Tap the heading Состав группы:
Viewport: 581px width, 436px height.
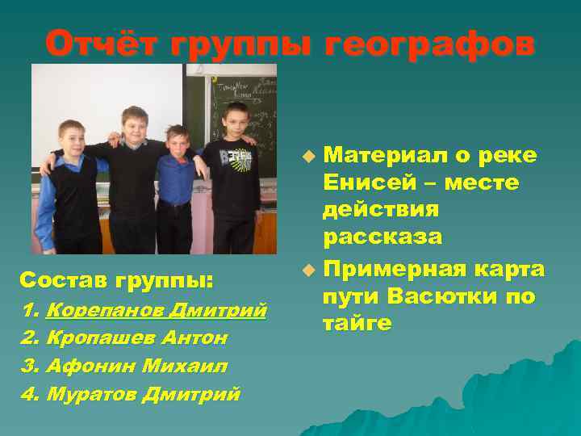[116, 281]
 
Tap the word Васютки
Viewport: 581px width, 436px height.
[428, 296]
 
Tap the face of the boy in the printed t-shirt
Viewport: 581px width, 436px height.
[236, 119]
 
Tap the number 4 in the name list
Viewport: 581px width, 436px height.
[29, 394]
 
